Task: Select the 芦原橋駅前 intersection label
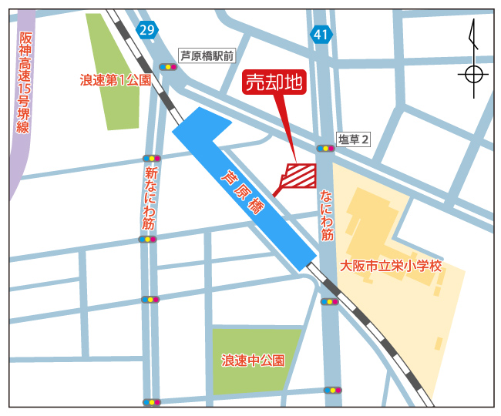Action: click(x=206, y=55)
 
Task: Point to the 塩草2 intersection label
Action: click(x=355, y=139)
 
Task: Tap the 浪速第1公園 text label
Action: click(x=116, y=79)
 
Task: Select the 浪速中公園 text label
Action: click(x=253, y=360)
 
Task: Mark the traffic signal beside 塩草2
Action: click(x=324, y=148)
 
